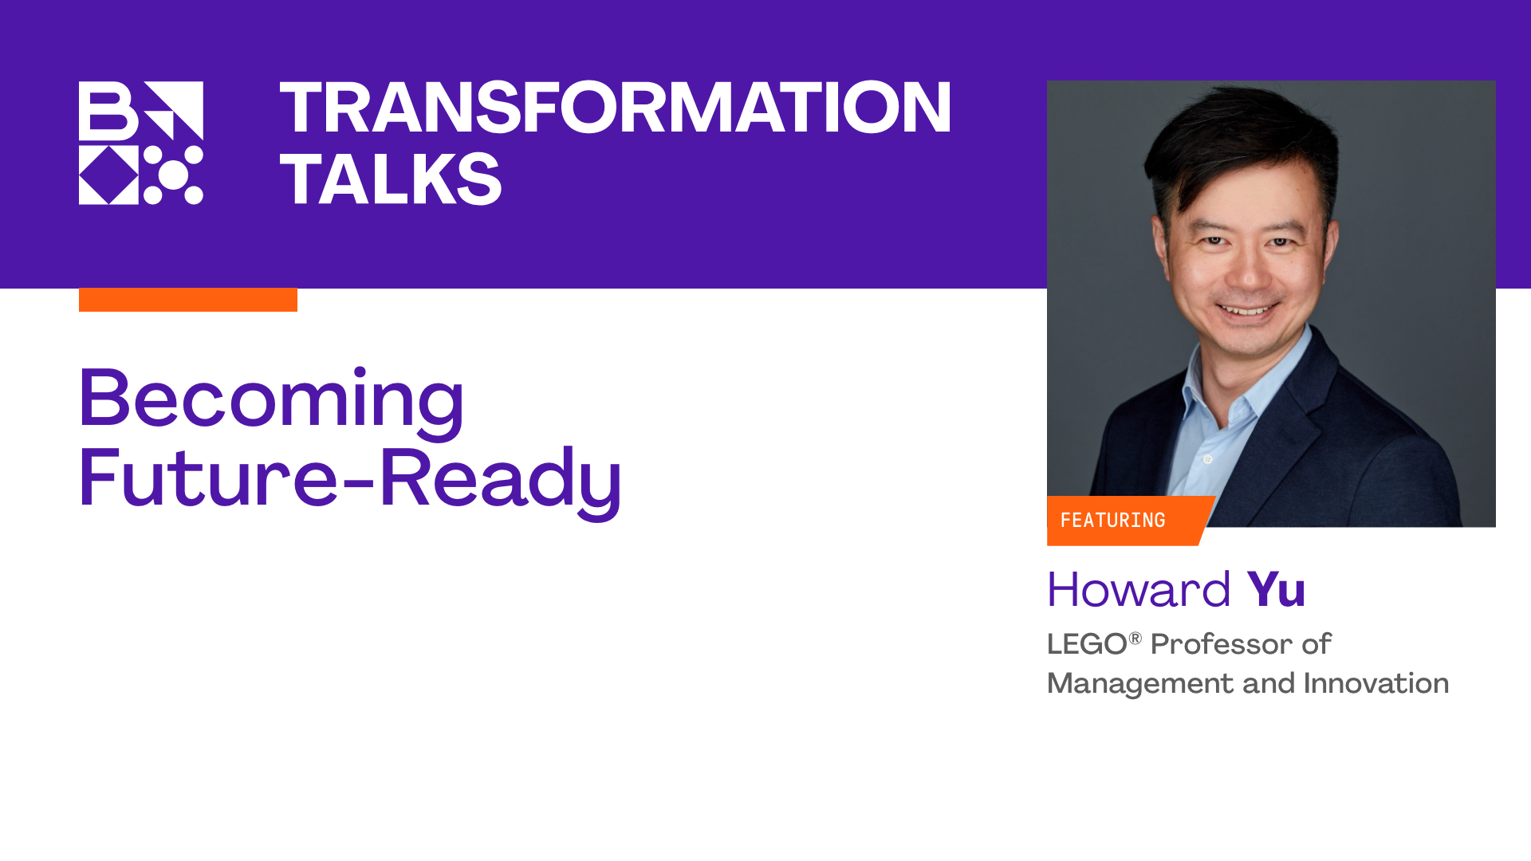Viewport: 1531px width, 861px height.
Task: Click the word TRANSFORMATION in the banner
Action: [615, 107]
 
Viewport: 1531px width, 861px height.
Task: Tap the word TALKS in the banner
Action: [391, 179]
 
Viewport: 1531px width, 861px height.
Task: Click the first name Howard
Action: [1139, 590]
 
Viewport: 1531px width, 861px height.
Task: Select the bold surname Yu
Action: [1276, 590]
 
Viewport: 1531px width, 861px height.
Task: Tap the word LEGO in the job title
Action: [1087, 644]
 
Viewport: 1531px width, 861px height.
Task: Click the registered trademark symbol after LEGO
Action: [1135, 638]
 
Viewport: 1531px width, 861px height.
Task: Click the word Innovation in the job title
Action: [1376, 683]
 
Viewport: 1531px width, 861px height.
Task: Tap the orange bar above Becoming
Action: [188, 300]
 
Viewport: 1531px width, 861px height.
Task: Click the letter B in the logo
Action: [108, 111]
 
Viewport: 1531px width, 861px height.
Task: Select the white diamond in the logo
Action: [109, 175]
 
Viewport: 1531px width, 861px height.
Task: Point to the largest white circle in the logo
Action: [173, 175]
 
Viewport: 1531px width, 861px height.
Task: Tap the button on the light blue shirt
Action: [1207, 460]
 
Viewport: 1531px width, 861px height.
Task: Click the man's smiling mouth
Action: [1249, 309]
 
